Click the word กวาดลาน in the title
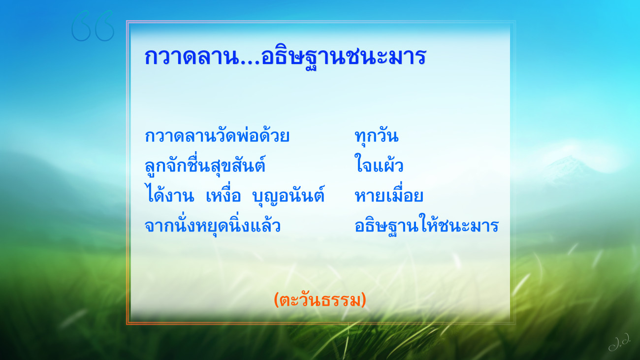click(x=192, y=57)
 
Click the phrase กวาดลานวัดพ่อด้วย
click(x=217, y=135)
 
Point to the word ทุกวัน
click(x=377, y=136)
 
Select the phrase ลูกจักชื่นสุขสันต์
click(x=205, y=164)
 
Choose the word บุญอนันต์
click(x=288, y=195)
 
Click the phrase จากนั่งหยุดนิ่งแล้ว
click(x=213, y=226)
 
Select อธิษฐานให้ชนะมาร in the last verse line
click(x=426, y=225)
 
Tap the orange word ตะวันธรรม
click(x=320, y=300)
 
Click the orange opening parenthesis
click(x=276, y=300)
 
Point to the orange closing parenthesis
click(x=364, y=300)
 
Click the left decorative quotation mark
click(x=81, y=26)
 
